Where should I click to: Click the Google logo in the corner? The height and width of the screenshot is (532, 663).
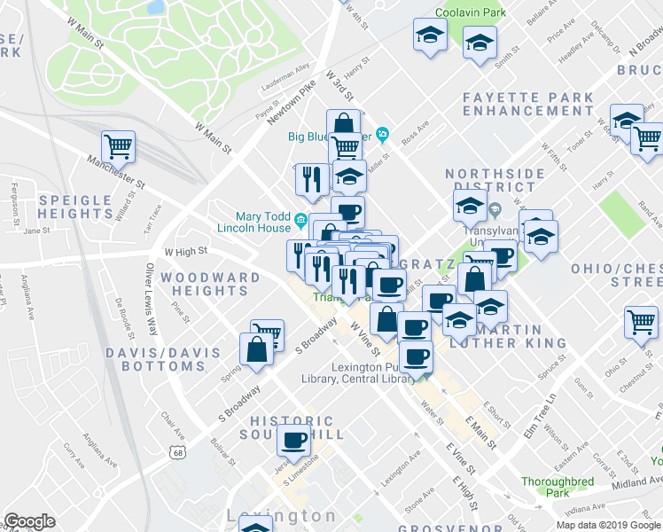coord(29,521)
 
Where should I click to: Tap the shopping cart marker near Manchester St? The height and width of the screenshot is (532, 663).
coord(118,145)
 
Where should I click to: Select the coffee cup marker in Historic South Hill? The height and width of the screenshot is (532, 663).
coord(294,439)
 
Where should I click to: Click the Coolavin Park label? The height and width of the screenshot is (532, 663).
coord(470,13)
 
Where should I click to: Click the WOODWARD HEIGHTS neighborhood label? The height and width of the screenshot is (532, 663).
coord(210,284)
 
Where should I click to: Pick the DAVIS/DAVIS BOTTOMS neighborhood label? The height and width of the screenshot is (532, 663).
coord(163,359)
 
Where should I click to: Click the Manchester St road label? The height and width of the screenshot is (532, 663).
coord(115,172)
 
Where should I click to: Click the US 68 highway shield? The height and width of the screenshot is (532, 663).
coord(178,453)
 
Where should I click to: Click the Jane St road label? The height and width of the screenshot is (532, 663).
coord(36,231)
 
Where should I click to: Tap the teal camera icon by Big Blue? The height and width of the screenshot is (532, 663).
coord(383,135)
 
